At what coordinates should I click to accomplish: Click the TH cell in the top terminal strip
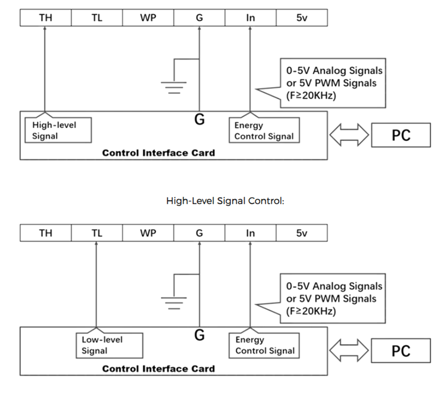tap(46, 18)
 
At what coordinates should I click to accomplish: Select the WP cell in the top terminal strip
tap(148, 18)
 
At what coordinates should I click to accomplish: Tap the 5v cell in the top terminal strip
tap(302, 18)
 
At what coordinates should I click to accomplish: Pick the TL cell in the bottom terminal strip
tap(97, 233)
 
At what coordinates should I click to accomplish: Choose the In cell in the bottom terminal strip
tap(250, 233)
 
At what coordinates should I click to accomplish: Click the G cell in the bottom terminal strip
tap(199, 233)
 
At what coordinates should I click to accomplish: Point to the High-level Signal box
tap(58, 130)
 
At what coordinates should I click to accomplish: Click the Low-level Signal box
tap(109, 346)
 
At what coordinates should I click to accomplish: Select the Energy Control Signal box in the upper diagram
tap(264, 130)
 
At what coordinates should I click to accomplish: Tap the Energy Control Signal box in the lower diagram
tap(264, 346)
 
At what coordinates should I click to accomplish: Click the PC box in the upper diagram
tap(401, 135)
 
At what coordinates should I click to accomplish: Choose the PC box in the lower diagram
tap(401, 351)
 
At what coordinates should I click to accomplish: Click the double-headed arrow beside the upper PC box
tap(349, 135)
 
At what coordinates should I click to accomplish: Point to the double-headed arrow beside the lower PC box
tap(349, 350)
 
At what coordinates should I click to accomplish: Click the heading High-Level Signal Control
tap(225, 201)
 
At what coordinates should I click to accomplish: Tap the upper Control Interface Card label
tap(159, 153)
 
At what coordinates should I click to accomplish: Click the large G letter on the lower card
tap(199, 335)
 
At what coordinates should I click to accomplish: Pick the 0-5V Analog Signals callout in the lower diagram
tap(333, 298)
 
